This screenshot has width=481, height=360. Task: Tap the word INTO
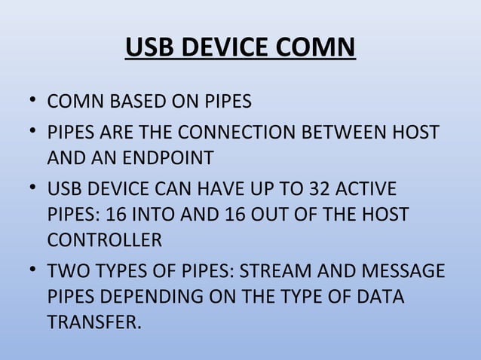pos(153,215)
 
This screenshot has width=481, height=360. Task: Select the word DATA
pos(380,298)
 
